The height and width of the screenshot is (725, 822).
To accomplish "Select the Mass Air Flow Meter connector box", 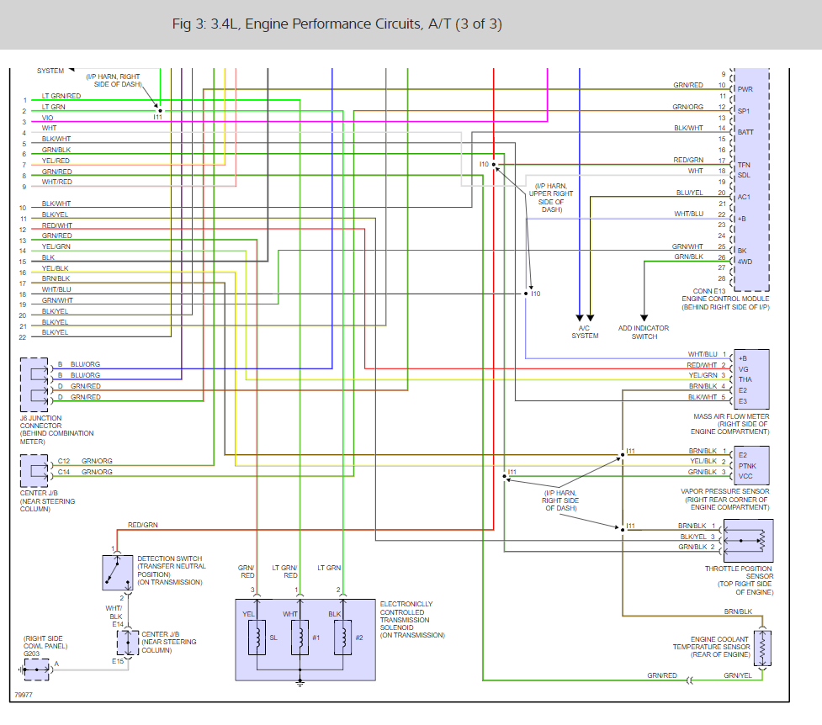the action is (751, 379).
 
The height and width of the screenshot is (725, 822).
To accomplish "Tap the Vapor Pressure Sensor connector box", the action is (751, 465).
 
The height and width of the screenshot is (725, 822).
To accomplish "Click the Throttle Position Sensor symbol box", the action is (748, 541).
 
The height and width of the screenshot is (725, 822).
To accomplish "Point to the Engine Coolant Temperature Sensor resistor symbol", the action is (762, 648).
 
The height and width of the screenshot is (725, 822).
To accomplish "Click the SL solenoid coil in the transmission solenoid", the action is (257, 638).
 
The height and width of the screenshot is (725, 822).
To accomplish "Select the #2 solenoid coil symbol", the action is (342, 638).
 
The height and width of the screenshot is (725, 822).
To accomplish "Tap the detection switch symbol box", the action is (118, 572).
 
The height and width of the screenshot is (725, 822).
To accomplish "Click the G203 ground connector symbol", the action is (37, 669).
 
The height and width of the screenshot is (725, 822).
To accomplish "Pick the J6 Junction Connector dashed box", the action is (34, 384).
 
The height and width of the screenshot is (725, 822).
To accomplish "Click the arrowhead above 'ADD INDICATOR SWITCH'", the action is (644, 318).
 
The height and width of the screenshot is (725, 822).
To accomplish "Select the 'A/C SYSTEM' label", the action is (585, 332).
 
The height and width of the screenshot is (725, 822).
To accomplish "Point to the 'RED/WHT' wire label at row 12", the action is (57, 225).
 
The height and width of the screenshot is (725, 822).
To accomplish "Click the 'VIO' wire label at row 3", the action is (47, 118).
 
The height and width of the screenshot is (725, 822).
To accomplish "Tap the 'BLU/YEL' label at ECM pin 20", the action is (689, 193).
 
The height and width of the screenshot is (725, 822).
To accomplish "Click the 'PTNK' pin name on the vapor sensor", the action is (747, 466).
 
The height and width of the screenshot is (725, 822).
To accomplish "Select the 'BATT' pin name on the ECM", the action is (745, 133).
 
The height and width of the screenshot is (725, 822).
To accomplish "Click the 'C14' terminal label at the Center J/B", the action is (63, 472).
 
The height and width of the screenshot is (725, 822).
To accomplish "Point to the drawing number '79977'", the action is (24, 695).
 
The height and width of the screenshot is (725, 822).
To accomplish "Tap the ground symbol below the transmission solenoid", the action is (300, 683).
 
